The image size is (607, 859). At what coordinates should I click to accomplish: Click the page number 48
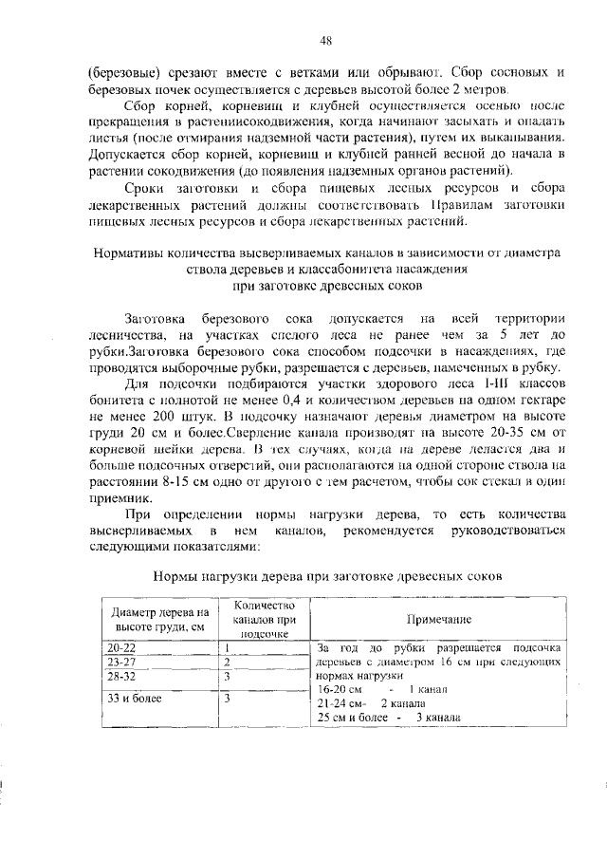click(325, 40)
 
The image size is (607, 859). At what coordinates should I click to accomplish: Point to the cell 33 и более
click(134, 698)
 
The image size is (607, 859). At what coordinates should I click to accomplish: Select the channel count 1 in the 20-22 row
click(228, 647)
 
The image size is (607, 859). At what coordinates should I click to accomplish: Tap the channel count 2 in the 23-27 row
click(228, 661)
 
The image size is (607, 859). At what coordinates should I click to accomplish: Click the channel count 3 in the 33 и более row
click(228, 698)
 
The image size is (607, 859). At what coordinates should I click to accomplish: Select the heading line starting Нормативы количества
click(325, 253)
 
